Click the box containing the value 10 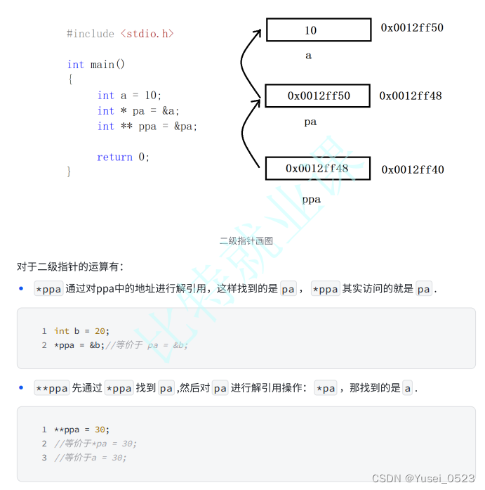pos(318,30)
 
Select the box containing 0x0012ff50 pos(317,96)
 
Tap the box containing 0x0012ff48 pos(317,169)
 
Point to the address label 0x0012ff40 pos(413,169)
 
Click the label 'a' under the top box pos(308,56)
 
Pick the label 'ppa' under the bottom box pos(311,200)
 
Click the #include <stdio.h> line pos(120,34)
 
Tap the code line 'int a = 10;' pos(130,96)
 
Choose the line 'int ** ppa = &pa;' pos(147,127)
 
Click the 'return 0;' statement pos(124,157)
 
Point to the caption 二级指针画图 pos(246,240)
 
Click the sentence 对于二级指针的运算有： pos(70,266)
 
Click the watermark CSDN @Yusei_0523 pos(423,478)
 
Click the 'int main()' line pos(96,65)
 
